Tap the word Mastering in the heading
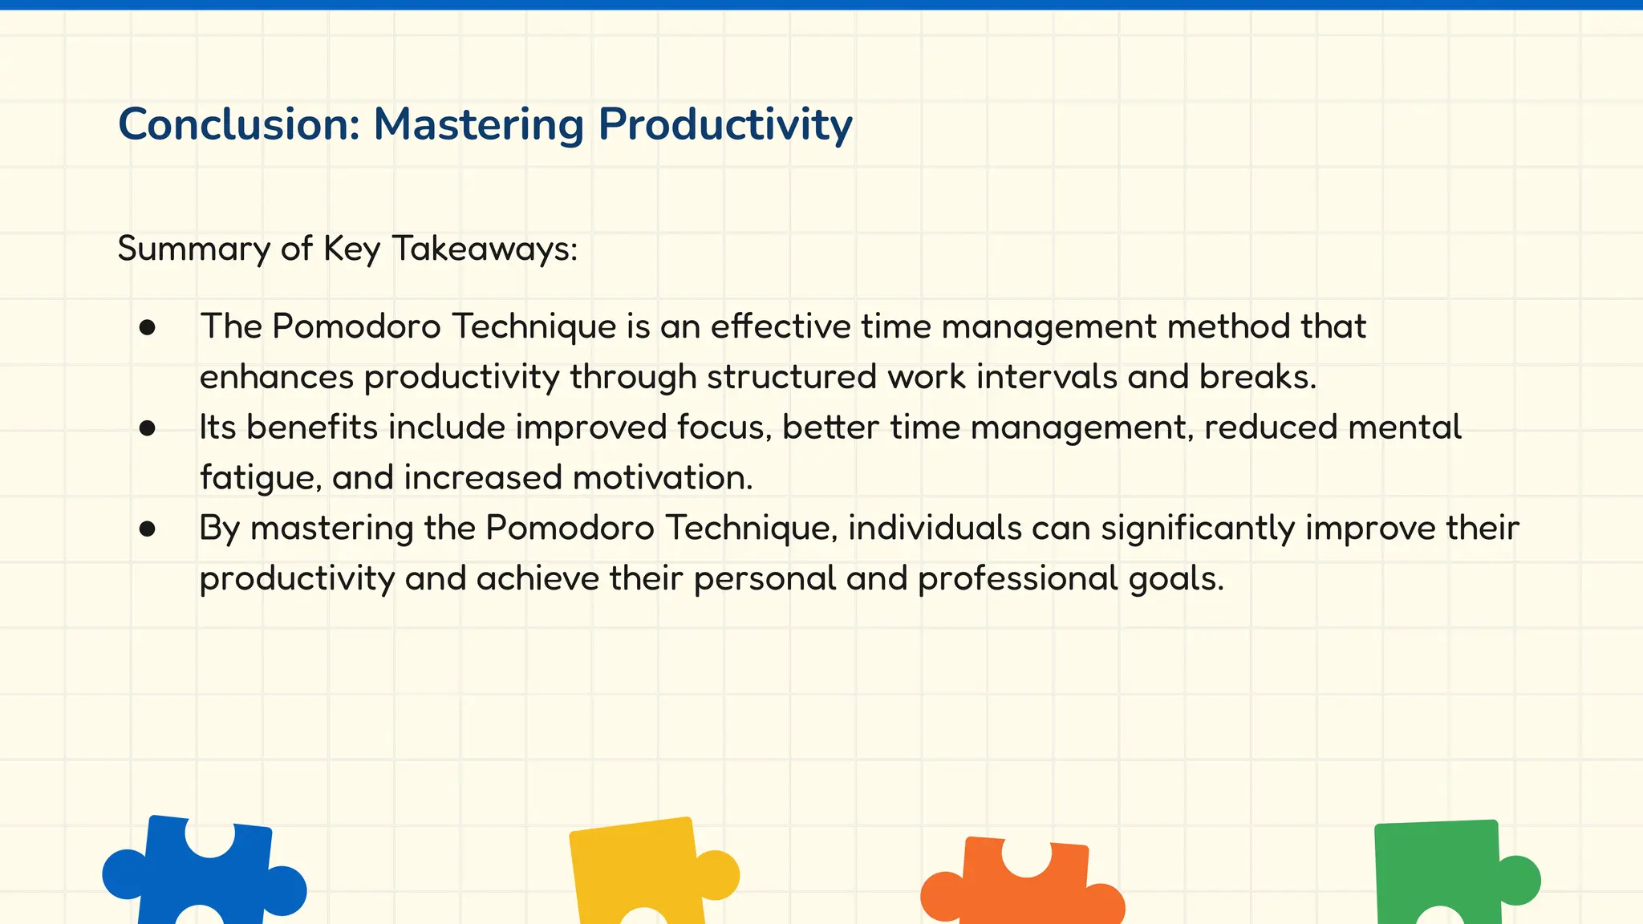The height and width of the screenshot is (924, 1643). point(479,125)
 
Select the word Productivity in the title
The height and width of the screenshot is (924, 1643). point(724,125)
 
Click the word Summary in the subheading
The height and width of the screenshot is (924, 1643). point(193,249)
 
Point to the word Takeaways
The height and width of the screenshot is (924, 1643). point(484,249)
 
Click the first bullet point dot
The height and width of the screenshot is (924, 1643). point(147,327)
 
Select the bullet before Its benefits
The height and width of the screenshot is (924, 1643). point(147,428)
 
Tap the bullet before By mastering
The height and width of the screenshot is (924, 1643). point(147,529)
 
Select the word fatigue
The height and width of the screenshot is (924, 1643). point(260,478)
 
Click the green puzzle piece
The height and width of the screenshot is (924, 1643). point(1440,870)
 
